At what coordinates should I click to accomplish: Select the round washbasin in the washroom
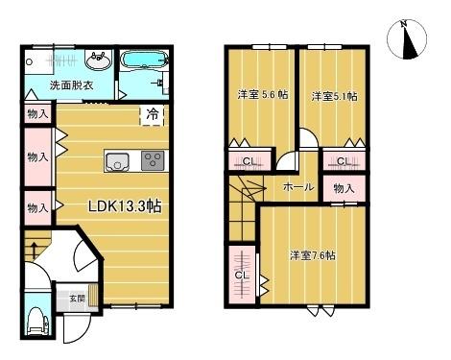click(96, 62)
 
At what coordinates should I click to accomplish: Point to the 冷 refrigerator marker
click(153, 115)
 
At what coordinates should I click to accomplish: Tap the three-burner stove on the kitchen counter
click(152, 160)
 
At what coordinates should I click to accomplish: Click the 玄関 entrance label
click(78, 298)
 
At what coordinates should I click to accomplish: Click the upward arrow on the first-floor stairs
click(36, 250)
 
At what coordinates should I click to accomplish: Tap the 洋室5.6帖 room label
click(261, 96)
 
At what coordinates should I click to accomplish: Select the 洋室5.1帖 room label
click(334, 96)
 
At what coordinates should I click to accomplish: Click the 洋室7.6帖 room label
click(314, 254)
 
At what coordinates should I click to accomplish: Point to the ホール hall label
click(297, 187)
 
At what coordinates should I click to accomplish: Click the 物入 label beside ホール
click(344, 188)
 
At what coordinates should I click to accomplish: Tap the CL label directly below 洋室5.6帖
click(248, 160)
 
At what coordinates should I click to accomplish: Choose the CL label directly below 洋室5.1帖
click(343, 160)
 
